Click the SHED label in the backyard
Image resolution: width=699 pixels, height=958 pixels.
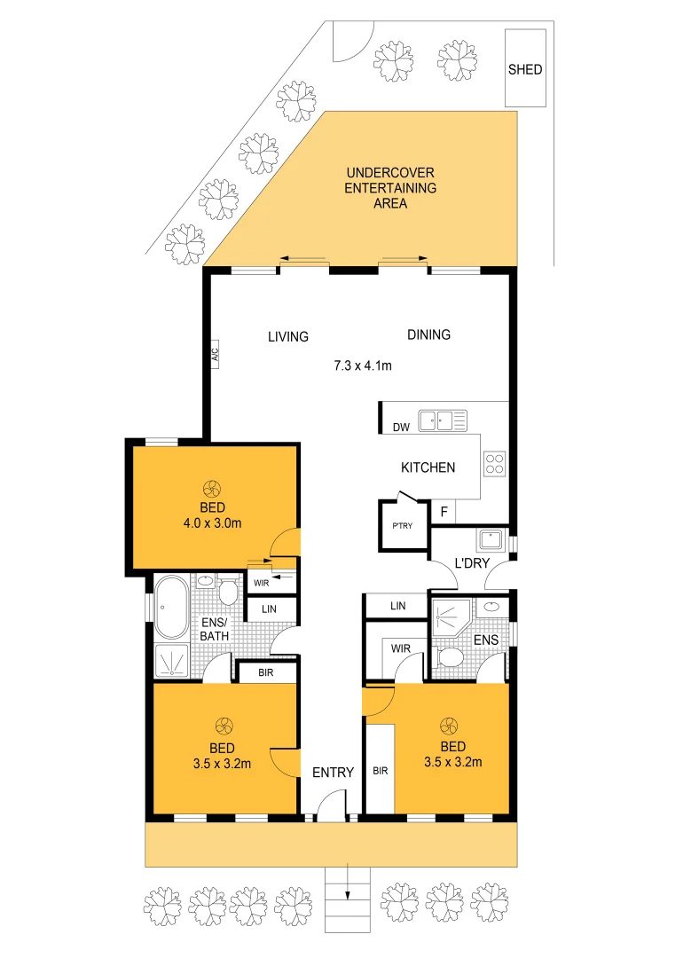(525, 69)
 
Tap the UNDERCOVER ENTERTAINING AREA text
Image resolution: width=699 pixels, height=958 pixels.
(390, 188)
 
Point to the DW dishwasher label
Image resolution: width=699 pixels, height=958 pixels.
(401, 428)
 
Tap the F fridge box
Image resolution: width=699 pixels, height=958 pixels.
(444, 512)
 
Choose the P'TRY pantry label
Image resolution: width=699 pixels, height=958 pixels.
(403, 526)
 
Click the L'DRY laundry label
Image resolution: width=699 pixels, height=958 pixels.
(469, 564)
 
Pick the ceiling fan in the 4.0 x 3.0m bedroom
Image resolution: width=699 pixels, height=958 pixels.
(212, 488)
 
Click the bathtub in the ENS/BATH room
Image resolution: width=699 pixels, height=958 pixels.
(170, 609)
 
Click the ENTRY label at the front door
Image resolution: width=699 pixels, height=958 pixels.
(333, 773)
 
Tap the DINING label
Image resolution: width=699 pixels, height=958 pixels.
(428, 334)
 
